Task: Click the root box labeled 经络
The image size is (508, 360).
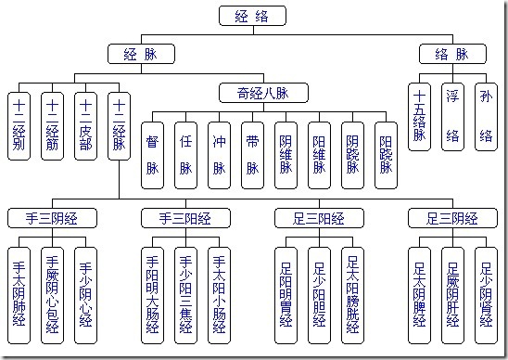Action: pos(252,16)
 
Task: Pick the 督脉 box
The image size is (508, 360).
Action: pos(153,155)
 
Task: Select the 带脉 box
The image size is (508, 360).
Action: pos(253,155)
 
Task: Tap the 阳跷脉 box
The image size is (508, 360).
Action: pos(387,155)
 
